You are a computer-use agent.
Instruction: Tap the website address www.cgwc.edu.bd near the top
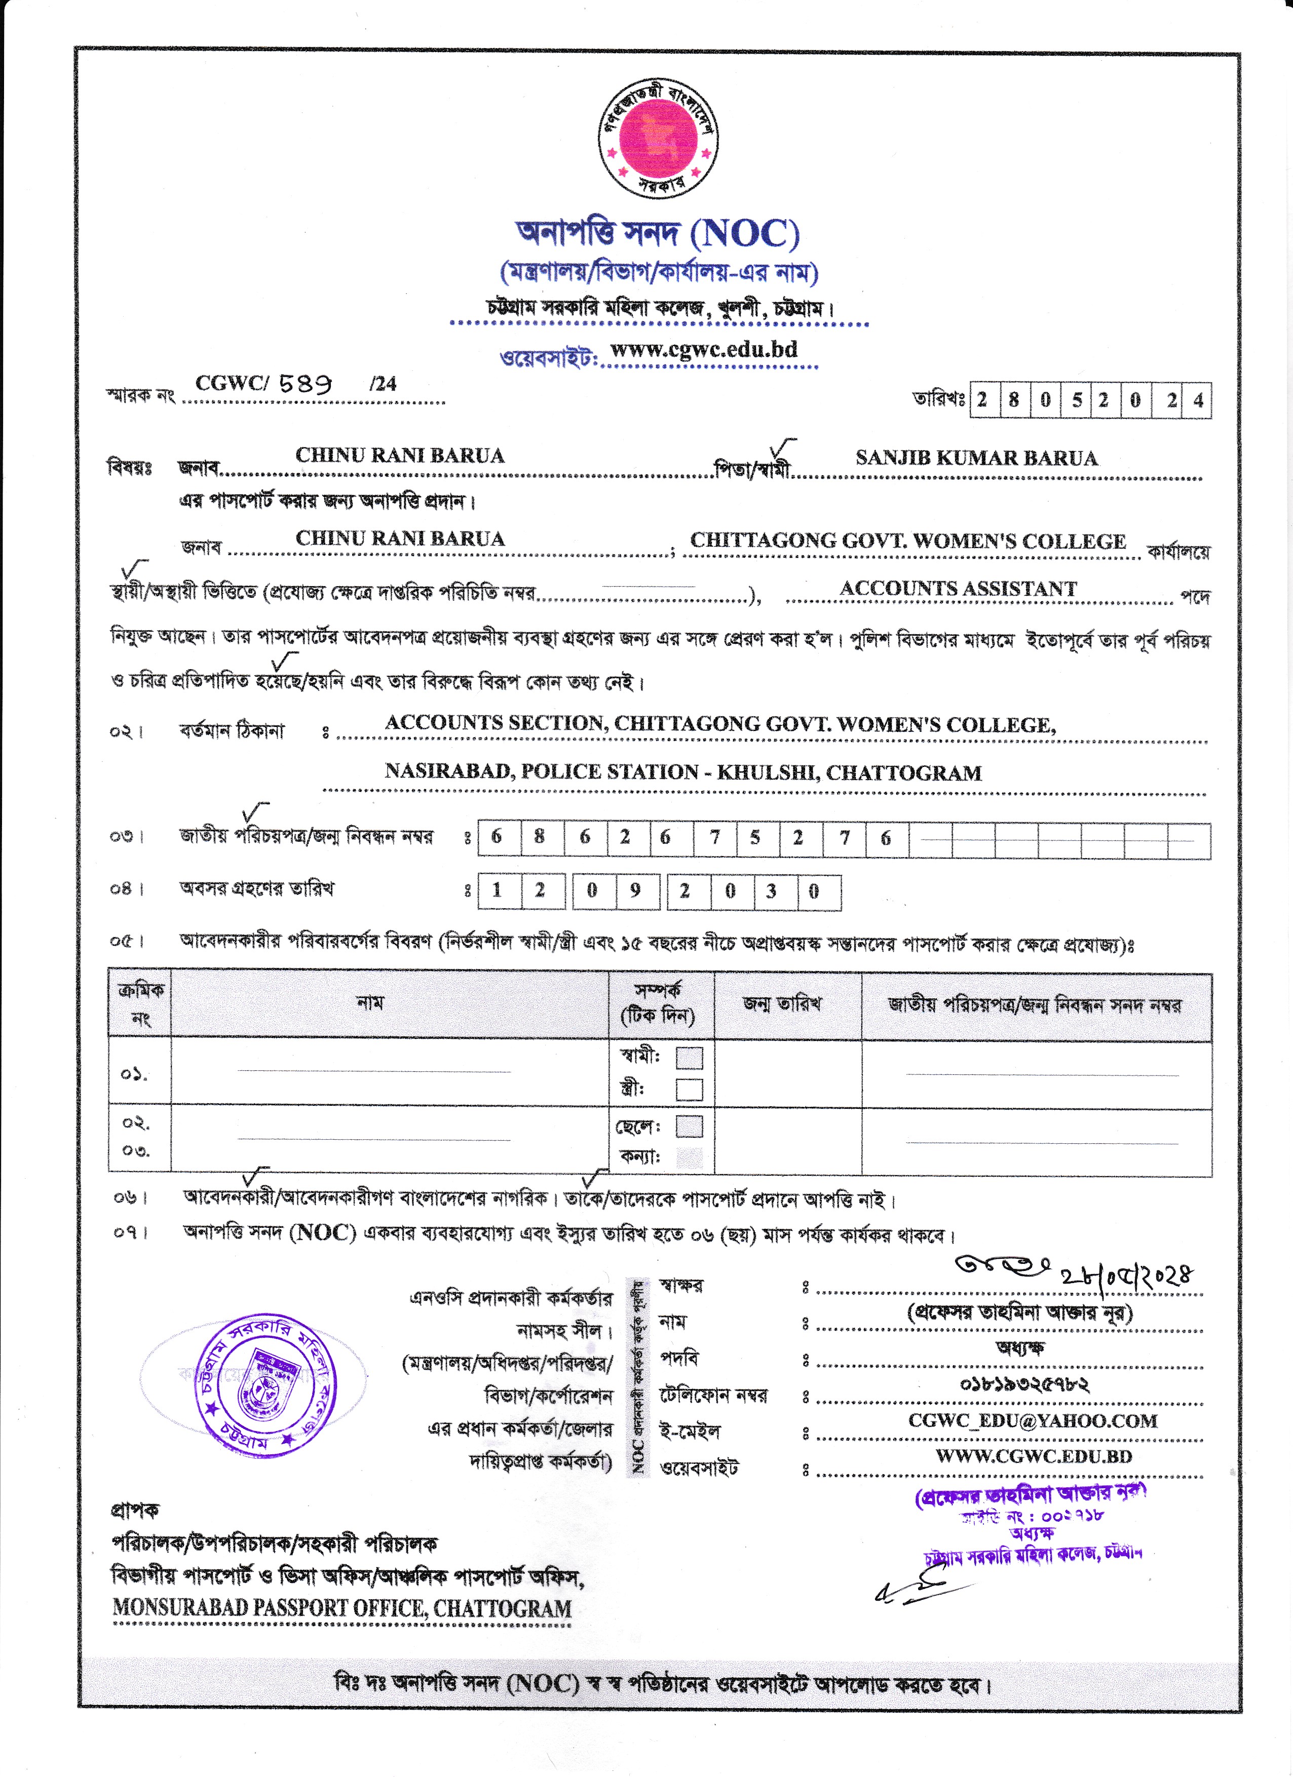(x=704, y=350)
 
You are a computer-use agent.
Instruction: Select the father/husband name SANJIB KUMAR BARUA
(x=976, y=458)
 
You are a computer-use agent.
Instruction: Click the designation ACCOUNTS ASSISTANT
(x=958, y=589)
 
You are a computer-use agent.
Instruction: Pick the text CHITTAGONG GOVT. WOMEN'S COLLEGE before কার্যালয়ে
(x=907, y=542)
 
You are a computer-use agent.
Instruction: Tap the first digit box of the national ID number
(x=497, y=837)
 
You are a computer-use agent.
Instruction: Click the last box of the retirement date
(x=819, y=892)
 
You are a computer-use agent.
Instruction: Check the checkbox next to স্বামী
(x=689, y=1058)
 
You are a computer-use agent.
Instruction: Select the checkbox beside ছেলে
(x=689, y=1127)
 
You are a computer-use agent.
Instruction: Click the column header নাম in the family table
(x=370, y=1003)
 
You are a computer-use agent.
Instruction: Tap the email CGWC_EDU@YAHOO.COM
(x=1032, y=1420)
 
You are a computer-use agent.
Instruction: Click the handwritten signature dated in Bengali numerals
(x=1074, y=1271)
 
